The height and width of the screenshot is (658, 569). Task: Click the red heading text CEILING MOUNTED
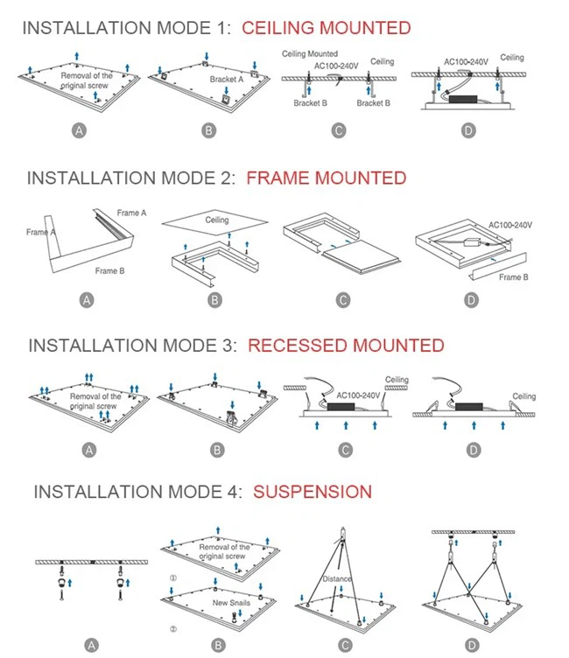[x=326, y=28]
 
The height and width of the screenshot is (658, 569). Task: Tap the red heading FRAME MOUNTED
[x=327, y=178]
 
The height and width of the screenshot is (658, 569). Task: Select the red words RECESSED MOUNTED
[x=346, y=346]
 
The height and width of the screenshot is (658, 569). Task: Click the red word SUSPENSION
[x=313, y=492]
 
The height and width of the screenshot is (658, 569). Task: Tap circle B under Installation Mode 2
[x=214, y=300]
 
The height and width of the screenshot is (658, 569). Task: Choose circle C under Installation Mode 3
[x=346, y=450]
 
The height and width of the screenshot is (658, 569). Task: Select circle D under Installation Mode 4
[x=474, y=647]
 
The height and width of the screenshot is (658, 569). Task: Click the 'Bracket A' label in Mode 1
[x=228, y=80]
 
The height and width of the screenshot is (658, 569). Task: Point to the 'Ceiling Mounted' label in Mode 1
[x=310, y=54]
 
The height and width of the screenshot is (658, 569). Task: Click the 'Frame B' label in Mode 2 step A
[x=109, y=271]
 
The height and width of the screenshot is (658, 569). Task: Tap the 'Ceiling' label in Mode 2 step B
[x=217, y=220]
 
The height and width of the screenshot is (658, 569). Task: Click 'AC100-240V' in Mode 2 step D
[x=510, y=225]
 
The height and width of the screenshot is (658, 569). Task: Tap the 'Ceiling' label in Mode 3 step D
[x=523, y=396]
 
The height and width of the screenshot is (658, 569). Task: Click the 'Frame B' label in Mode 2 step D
[x=513, y=277]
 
